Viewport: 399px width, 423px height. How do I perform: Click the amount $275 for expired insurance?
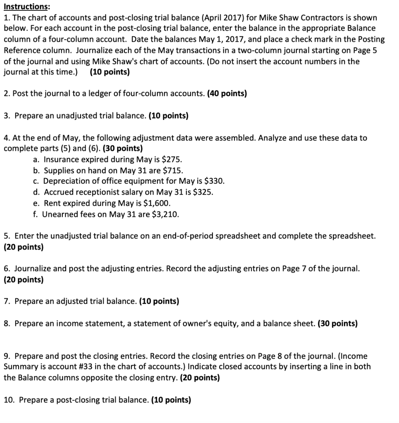coord(170,159)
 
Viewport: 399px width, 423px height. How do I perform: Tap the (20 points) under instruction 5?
coord(24,247)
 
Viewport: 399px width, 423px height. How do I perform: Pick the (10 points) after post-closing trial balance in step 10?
coord(171,400)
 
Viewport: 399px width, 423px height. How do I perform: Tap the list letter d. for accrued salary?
coord(37,192)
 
